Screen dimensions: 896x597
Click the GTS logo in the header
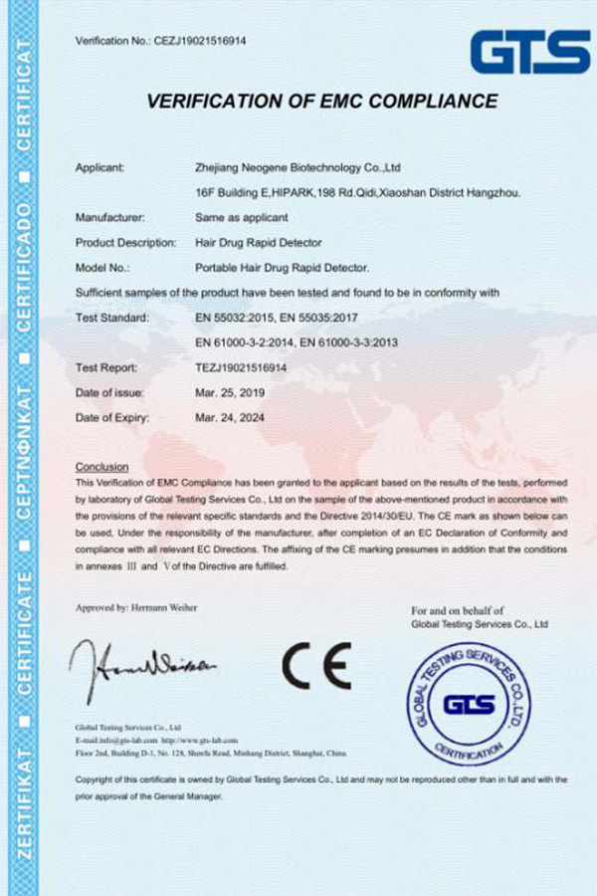tap(530, 52)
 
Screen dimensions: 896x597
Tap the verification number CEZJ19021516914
tap(200, 41)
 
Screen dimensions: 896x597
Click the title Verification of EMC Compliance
tap(321, 101)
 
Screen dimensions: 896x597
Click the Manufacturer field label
tap(109, 216)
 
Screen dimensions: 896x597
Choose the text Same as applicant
tap(243, 216)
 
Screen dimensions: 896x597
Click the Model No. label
tap(103, 267)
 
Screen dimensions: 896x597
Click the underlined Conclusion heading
tap(101, 467)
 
